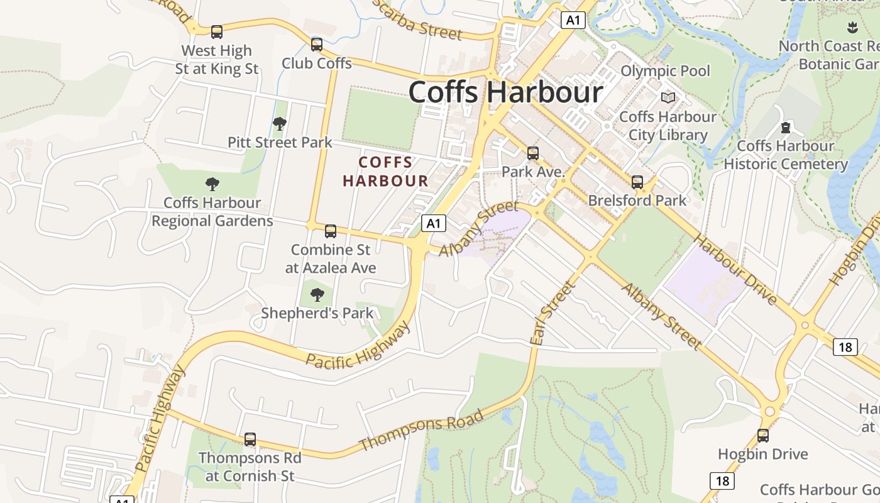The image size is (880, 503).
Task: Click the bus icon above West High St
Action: [217, 31]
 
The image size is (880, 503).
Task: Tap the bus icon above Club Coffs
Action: [317, 45]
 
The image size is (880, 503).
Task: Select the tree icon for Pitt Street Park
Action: [280, 124]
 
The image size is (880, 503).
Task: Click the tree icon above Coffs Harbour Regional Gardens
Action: [212, 184]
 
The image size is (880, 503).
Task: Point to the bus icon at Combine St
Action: [331, 231]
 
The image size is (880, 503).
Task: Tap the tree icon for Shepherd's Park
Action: [317, 294]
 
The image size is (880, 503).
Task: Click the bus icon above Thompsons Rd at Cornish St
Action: [250, 439]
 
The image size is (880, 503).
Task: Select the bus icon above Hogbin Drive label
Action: [763, 435]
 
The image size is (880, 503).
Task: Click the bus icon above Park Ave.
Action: [533, 153]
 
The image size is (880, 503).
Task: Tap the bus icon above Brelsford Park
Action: [637, 182]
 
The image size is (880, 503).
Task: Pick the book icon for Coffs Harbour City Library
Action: [668, 98]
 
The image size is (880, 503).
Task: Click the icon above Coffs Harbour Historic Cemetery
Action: [785, 128]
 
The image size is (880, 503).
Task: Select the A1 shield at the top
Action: [573, 20]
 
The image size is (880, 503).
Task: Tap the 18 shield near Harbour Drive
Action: [845, 346]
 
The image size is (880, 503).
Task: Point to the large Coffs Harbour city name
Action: [506, 92]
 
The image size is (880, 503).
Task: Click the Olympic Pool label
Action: [665, 71]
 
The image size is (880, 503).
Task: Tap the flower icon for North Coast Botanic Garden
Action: [852, 27]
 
